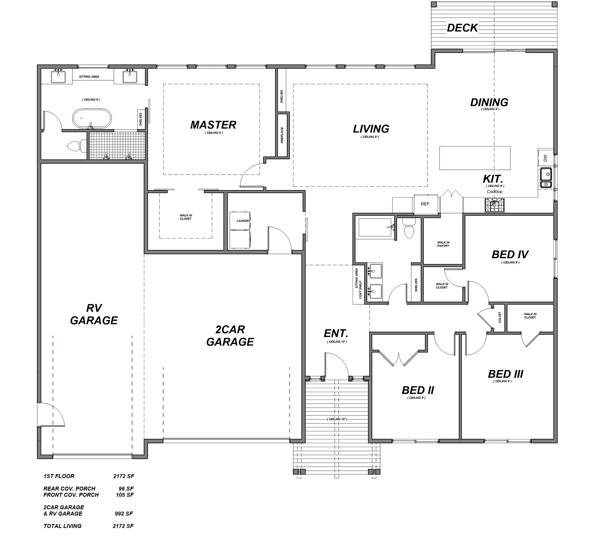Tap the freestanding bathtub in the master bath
[x=92, y=119]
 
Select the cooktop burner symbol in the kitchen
[x=494, y=205]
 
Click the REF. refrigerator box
[x=425, y=204]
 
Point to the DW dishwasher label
[x=545, y=158]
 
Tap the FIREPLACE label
[x=282, y=135]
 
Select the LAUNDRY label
[x=244, y=221]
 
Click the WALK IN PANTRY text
[x=443, y=244]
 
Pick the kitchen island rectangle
[x=475, y=158]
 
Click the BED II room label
[x=418, y=390]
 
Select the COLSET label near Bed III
[x=500, y=318]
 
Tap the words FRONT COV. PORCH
[x=71, y=495]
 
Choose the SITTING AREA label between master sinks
[x=89, y=76]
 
